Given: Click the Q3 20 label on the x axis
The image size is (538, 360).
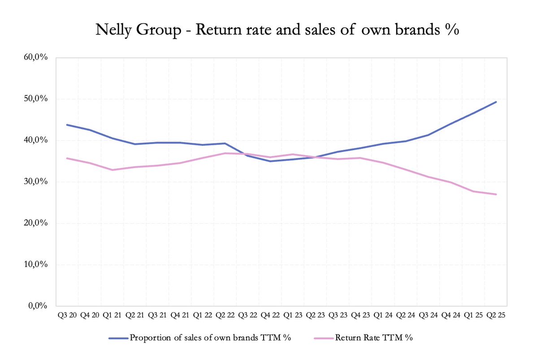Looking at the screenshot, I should coord(67,315).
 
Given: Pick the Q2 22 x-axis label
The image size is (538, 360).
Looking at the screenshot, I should coord(226,315).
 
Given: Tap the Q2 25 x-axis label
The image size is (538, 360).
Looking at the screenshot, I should coord(496,315).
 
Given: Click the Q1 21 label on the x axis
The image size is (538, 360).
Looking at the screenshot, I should coord(112,315).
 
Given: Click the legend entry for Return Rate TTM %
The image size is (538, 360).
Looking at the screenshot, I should coord(373,338).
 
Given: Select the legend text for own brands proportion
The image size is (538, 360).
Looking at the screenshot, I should coord(211,338).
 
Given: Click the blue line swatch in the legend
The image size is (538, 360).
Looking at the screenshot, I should coord(118,338).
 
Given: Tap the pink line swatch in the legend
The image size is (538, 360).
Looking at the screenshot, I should coord(324,338).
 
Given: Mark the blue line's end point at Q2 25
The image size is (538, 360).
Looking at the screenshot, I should coord(496,102).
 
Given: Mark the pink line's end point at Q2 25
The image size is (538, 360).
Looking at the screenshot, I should coord(496,194).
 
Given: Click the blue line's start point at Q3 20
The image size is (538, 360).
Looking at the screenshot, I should coord(67,125).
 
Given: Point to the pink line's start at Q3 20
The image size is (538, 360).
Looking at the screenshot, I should coord(67,158).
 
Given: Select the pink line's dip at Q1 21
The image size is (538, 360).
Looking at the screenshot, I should coord(112,170).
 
